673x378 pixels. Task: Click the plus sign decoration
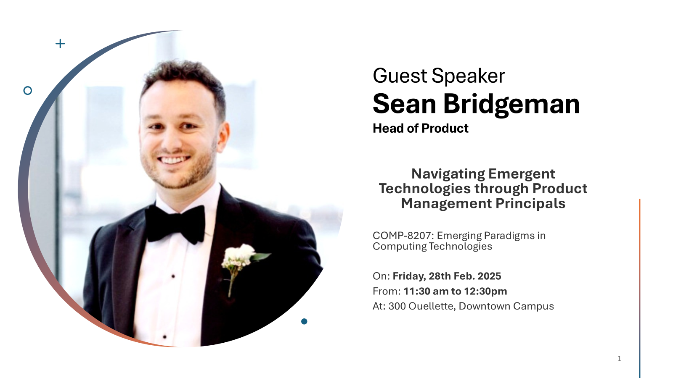click(x=60, y=44)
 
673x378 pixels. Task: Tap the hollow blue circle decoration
click(x=28, y=91)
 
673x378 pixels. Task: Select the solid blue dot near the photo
click(x=304, y=321)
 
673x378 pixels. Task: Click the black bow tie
click(x=175, y=223)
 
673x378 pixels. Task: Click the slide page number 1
click(x=619, y=358)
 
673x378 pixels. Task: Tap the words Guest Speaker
click(x=439, y=76)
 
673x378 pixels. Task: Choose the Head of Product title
click(x=420, y=129)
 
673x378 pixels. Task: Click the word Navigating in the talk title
click(x=448, y=174)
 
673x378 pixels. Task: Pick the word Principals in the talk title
click(x=530, y=203)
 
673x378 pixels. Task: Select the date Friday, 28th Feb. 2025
click(x=447, y=276)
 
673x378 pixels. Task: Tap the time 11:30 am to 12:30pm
click(x=455, y=291)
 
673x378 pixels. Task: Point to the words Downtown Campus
click(x=506, y=306)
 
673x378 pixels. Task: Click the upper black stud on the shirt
click(x=173, y=276)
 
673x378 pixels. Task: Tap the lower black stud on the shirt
click(x=164, y=337)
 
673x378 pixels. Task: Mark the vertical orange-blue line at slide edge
click(x=640, y=288)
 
